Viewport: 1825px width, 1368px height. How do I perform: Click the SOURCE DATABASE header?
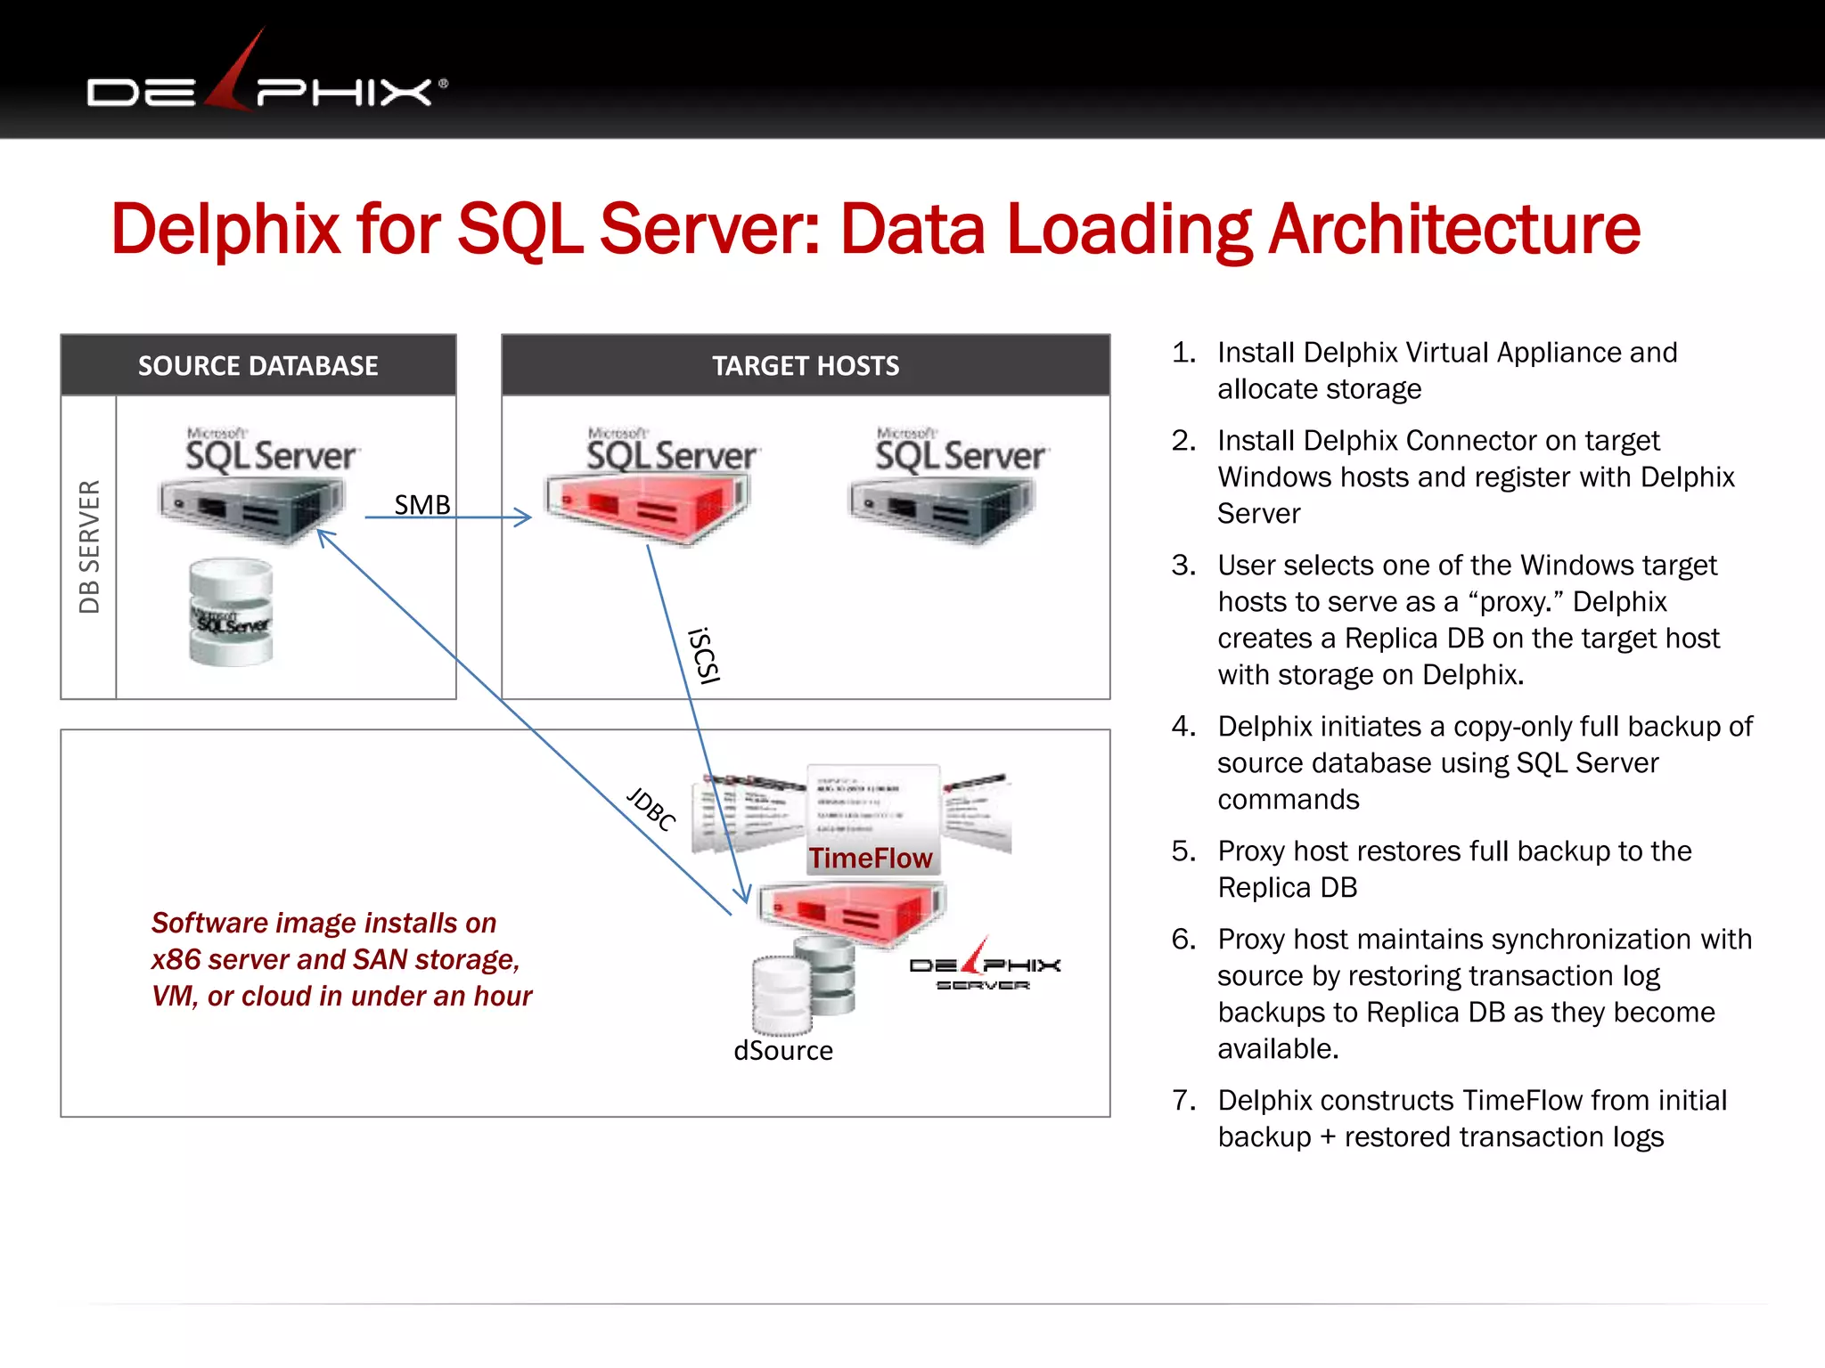coord(258,366)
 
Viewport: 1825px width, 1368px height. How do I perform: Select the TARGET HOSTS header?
coord(806,366)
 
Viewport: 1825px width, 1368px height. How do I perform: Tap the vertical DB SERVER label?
coord(89,546)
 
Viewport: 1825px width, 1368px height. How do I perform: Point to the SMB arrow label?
coord(421,505)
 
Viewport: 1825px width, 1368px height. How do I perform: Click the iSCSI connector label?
coord(704,655)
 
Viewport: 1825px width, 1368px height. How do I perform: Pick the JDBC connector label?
coord(651,809)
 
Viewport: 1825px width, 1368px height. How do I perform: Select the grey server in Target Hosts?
coord(943,507)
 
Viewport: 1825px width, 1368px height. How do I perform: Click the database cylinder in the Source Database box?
coord(231,612)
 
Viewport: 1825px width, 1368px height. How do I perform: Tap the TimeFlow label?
coord(871,858)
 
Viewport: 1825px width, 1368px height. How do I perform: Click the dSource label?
coord(783,1051)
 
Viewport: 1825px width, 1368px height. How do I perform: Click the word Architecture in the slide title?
coord(1453,230)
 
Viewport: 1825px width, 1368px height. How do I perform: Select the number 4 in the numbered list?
coord(1183,727)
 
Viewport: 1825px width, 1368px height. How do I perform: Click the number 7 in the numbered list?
coord(1183,1101)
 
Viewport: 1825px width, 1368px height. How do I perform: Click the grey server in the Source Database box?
coord(252,507)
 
